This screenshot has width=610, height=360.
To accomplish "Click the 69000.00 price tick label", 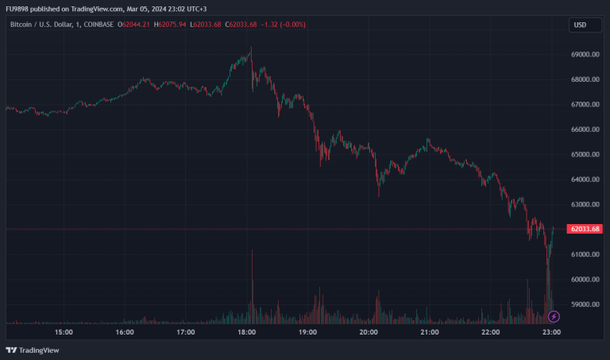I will [x=584, y=55].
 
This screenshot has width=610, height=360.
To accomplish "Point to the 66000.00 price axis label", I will [x=584, y=130].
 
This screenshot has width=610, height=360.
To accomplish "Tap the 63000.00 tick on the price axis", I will [x=584, y=204].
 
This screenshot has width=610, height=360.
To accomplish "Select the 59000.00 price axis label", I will [x=584, y=304].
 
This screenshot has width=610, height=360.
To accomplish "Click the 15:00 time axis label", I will [x=64, y=332].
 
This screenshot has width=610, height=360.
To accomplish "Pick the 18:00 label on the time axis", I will [x=247, y=332].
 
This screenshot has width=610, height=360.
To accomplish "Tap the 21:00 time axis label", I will [x=430, y=332].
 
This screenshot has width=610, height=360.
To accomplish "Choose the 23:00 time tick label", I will [x=552, y=332].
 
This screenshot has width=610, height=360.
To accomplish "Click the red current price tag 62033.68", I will [x=584, y=229].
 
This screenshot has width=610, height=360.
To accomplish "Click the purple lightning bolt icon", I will [x=554, y=316].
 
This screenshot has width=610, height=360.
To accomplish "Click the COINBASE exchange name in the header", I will [x=96, y=25].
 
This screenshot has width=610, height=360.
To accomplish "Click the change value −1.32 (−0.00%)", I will [x=283, y=25].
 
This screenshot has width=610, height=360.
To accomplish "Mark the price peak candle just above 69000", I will [x=251, y=50].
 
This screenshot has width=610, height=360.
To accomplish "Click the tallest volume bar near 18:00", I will [x=252, y=286].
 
